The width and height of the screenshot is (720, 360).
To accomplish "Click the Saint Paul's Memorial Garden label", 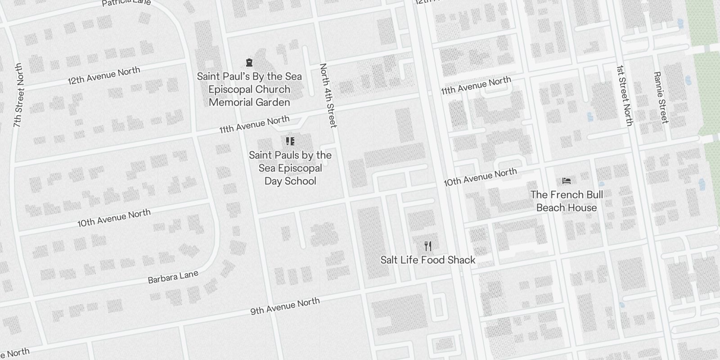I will [249, 90].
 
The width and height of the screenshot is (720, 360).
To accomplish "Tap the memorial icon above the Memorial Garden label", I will [249, 63].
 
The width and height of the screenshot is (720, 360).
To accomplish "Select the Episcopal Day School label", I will [290, 168].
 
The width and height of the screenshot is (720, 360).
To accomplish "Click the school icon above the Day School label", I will [290, 141].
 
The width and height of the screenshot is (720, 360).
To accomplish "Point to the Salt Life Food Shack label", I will [428, 260].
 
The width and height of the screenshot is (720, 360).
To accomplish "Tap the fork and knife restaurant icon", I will [428, 246].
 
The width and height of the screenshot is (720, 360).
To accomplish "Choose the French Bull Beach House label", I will [567, 201].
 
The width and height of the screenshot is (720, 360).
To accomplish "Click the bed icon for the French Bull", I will [567, 181].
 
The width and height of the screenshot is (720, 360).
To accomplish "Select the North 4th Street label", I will [328, 95].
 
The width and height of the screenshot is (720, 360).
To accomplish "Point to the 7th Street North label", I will [18, 95].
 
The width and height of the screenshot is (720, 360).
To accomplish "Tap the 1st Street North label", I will [625, 96].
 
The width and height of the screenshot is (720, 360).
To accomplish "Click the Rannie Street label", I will [661, 98].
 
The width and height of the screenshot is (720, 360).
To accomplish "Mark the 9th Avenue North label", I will [285, 306].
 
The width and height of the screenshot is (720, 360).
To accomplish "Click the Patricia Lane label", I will [126, 3].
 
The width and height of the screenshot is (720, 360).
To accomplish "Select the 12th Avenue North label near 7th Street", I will [104, 76].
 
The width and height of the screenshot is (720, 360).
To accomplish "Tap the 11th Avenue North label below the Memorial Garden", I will [254, 125].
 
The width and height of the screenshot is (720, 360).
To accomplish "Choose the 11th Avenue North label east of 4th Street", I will [476, 85].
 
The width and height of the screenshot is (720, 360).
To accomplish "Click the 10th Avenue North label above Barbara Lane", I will [114, 218].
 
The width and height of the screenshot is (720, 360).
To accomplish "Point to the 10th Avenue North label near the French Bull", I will [480, 177].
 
